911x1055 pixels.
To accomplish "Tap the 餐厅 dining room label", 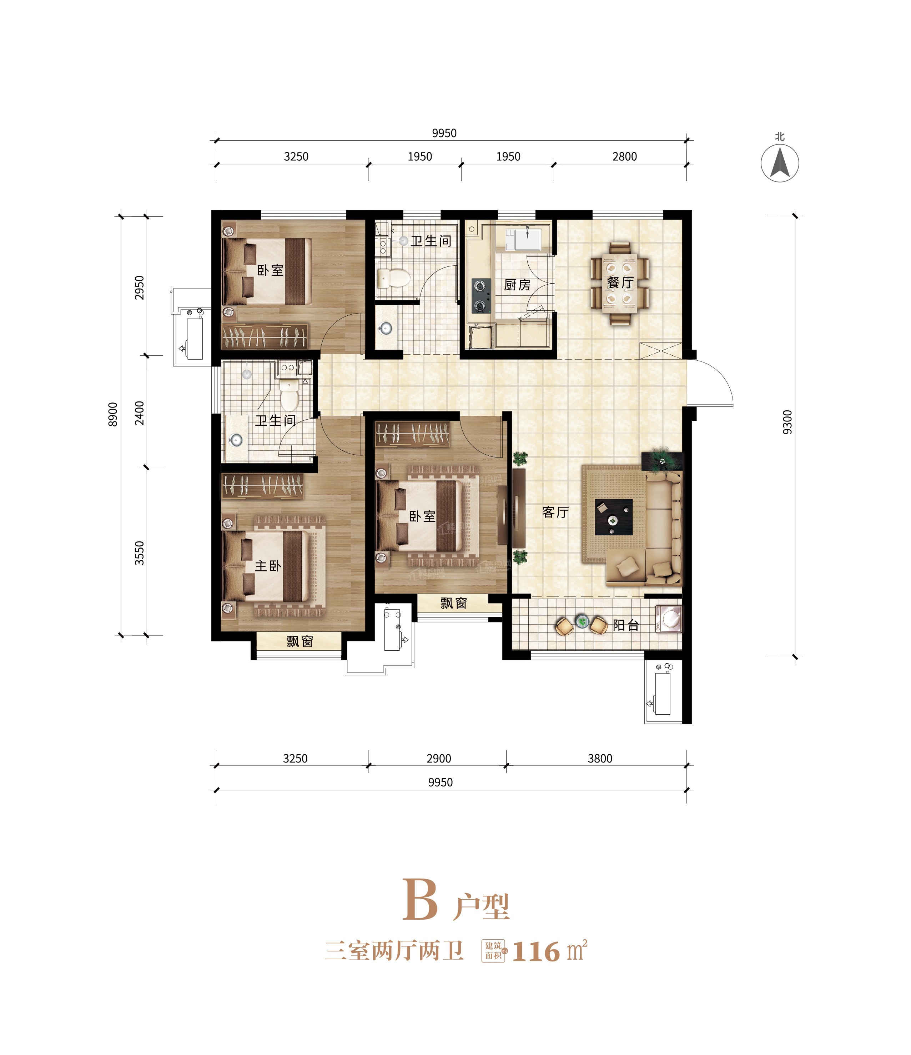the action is (620, 282).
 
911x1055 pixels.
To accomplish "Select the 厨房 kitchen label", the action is (517, 285).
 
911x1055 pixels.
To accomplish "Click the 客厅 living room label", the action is (555, 512).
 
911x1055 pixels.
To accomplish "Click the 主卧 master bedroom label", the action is (268, 566).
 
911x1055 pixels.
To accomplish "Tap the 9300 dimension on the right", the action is (787, 422).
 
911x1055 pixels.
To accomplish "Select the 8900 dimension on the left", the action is (113, 414).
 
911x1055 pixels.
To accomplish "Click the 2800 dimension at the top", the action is (624, 156).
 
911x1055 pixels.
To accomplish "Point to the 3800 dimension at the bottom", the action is (600, 758).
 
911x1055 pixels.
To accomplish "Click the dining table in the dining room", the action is (620, 283).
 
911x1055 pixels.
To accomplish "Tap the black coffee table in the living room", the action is (614, 517).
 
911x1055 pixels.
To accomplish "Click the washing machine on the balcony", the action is (669, 618).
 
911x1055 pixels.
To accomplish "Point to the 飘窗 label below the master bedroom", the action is (300, 641).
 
